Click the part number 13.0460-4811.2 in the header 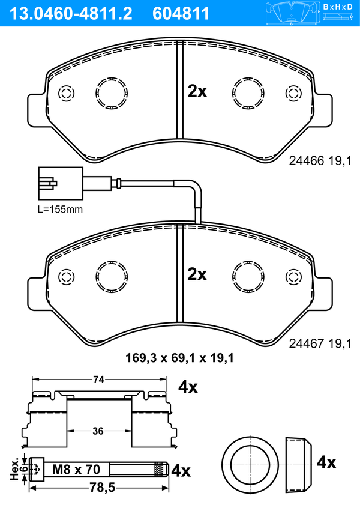(71, 14)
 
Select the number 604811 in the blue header (181, 14)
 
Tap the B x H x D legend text (338, 7)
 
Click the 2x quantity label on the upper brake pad (197, 92)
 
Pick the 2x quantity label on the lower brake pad (197, 275)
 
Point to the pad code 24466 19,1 (320, 161)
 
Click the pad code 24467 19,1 (320, 343)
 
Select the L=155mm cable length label (60, 210)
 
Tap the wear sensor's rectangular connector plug (61, 184)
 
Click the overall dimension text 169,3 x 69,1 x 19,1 (179, 358)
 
